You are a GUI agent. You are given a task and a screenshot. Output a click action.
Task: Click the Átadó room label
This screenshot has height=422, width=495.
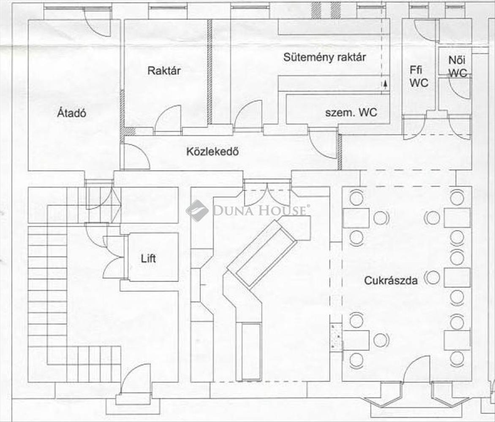click(72, 113)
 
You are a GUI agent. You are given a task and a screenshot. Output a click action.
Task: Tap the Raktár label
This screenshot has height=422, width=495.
click(164, 70)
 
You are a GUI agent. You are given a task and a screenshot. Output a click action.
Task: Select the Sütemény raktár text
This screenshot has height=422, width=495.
click(324, 57)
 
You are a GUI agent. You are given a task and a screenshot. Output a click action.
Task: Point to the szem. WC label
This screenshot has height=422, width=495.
click(351, 113)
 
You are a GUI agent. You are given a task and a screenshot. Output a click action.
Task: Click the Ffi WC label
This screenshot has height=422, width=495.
click(419, 76)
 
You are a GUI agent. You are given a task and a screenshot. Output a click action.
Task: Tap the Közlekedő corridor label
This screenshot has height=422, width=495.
click(212, 151)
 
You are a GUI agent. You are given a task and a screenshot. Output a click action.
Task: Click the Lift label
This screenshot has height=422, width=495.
click(148, 257)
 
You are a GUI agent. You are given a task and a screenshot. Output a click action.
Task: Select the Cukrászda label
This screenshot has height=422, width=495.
click(391, 280)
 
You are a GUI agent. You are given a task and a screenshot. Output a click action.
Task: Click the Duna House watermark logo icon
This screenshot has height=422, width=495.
click(197, 210)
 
